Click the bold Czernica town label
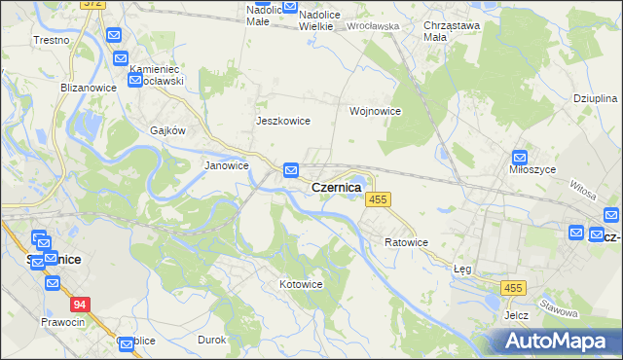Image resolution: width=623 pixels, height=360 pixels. (x=336, y=187)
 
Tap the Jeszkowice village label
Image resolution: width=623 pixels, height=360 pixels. (x=282, y=121)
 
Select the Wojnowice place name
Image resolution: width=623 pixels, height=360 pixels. (x=376, y=111)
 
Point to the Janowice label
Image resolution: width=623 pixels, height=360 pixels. (x=226, y=165)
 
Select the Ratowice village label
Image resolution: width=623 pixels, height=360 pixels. (x=406, y=241)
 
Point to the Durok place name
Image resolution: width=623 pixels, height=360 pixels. (x=211, y=340)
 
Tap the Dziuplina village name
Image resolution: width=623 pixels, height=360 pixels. (x=595, y=99)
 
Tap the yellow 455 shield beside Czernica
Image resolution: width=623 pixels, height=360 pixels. (x=379, y=199)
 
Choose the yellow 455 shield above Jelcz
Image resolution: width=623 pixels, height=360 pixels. (x=514, y=288)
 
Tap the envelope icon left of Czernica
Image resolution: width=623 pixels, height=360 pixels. (x=291, y=171)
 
